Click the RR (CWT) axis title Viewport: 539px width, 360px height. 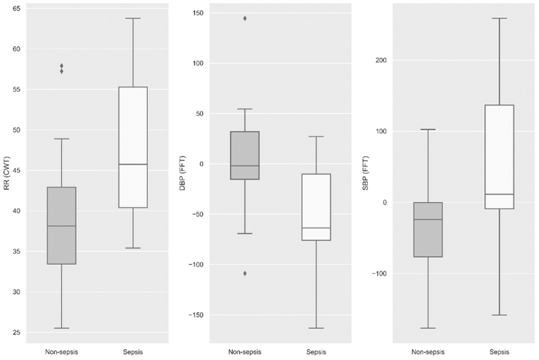tap(7, 173)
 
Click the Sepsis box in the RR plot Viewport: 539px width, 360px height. tap(133, 147)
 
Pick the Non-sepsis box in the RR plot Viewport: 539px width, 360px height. tap(61, 226)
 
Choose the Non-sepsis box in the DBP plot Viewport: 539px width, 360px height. tap(245, 156)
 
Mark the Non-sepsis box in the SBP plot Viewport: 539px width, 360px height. tap(428, 229)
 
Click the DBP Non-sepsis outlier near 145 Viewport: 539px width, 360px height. tap(245, 18)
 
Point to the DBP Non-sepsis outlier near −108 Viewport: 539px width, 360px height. tap(245, 273)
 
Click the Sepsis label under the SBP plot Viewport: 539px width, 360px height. tap(499, 352)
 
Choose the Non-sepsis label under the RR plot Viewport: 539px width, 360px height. tap(61, 352)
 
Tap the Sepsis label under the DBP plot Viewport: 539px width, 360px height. tap(316, 352)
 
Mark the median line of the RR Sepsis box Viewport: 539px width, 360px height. tap(133, 164)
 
